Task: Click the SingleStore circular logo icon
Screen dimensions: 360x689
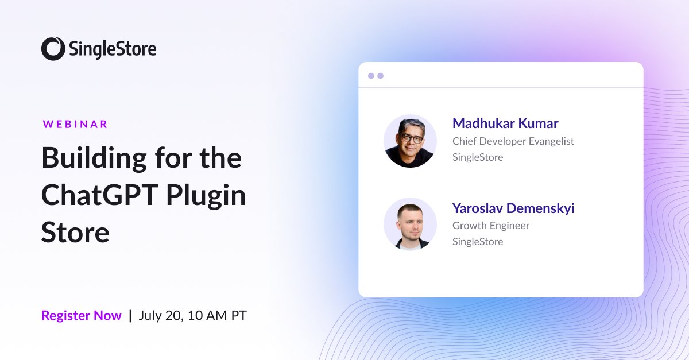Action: tap(53, 49)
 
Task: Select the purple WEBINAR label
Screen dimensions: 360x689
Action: tap(75, 124)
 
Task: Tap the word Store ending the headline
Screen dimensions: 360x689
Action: tap(75, 233)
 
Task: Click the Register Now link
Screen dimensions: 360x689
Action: tap(82, 315)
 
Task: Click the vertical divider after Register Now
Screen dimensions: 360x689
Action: tap(130, 315)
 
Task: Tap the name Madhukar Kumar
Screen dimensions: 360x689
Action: tap(505, 123)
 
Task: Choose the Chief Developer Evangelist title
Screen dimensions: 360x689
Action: tap(513, 141)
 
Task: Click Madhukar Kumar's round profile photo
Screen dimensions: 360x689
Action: tap(410, 141)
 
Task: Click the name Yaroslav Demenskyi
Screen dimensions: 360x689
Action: tap(513, 208)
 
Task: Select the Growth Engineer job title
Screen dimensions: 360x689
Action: tap(491, 226)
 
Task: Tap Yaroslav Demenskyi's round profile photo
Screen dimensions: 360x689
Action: tap(410, 224)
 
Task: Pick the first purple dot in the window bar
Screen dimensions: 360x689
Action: tap(371, 76)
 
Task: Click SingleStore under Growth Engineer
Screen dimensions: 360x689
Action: tap(478, 242)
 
